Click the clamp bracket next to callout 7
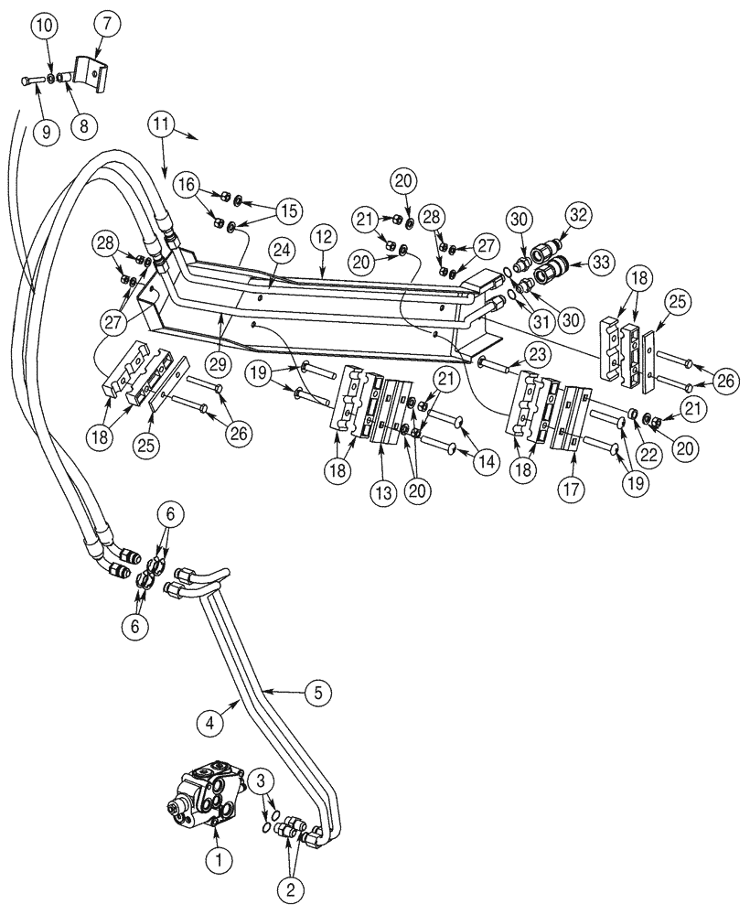pyautogui.click(x=92, y=70)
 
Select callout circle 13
pyautogui.click(x=383, y=490)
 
